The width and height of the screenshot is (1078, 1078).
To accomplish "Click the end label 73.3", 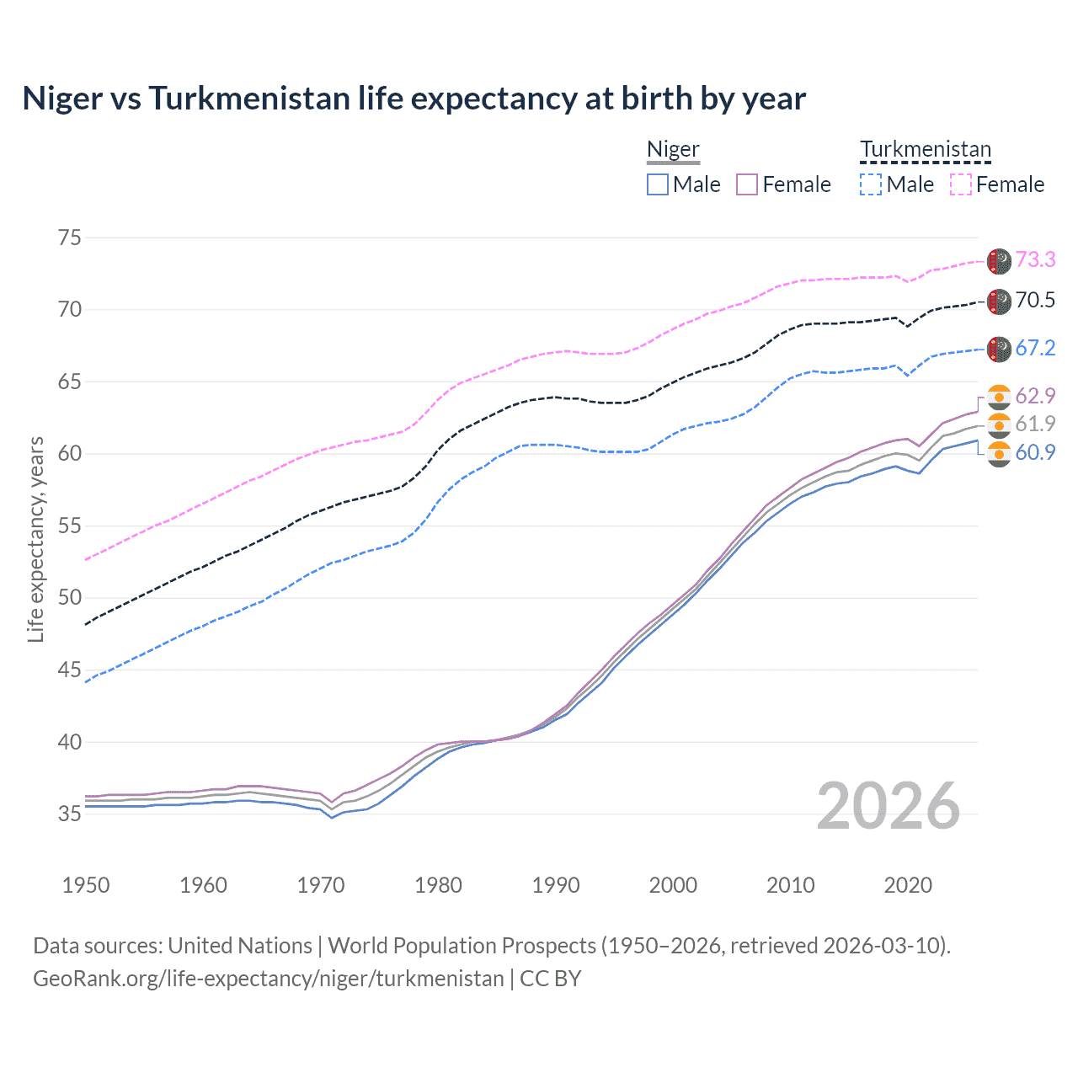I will coord(1035,259).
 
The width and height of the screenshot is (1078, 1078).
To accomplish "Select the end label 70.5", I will coord(1035,300).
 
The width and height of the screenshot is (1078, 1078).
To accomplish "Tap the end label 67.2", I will coord(1035,348).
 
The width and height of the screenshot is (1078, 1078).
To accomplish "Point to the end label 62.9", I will coord(1035,396).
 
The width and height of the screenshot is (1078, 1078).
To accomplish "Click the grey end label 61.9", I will coord(1035,424).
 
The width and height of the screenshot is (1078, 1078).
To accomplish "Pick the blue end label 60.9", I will coord(1035,452).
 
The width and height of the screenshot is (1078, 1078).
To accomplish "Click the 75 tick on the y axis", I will coord(70,237).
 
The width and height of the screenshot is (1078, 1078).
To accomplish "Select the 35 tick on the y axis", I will coord(70,814).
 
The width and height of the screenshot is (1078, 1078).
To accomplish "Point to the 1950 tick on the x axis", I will coord(86,885).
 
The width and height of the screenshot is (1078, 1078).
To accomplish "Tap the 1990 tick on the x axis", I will coord(556,885).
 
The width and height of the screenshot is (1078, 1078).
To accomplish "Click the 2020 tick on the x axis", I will coord(908,885).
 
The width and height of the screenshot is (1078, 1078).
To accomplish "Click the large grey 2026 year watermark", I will coord(889,806).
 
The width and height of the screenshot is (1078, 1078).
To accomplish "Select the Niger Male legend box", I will coord(658,184).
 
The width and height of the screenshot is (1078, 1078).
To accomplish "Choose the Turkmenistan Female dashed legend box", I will coord(961,184).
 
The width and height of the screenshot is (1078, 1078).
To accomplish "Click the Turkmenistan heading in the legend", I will coord(926,149).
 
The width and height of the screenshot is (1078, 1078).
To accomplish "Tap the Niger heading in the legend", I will coord(673,149).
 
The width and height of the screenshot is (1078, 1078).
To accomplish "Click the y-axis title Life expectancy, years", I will coord(35,539).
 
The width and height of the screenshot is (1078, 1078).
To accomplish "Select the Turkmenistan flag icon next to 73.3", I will coord(999,261).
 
